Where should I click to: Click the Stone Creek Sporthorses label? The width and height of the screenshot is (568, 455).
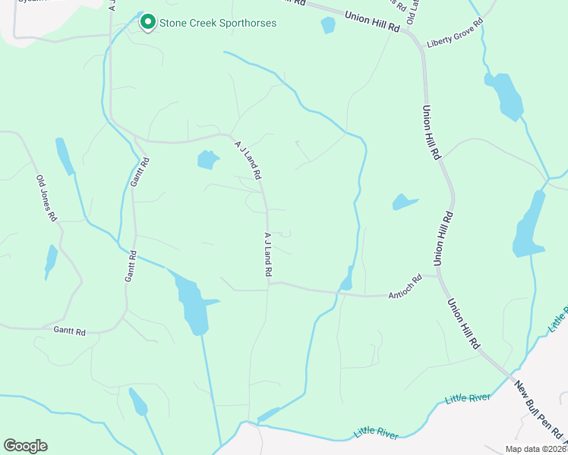[x=217, y=24]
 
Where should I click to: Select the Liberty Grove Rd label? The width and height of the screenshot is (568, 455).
[x=455, y=41]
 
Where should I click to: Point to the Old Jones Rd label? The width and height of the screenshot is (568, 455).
[x=47, y=199]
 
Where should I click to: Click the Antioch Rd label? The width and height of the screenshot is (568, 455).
[x=404, y=286]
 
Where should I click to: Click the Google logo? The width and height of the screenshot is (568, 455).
[x=25, y=446]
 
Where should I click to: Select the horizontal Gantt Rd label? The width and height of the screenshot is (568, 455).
[x=69, y=331]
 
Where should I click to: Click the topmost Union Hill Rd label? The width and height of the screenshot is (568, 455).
[x=372, y=20]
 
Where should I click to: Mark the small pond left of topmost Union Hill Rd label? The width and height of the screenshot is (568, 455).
[x=328, y=25]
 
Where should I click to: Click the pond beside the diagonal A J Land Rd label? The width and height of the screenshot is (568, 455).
[x=207, y=159]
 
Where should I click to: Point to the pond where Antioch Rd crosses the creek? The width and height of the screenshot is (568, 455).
[x=347, y=280]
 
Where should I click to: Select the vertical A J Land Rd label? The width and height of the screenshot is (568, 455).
[x=268, y=255]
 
